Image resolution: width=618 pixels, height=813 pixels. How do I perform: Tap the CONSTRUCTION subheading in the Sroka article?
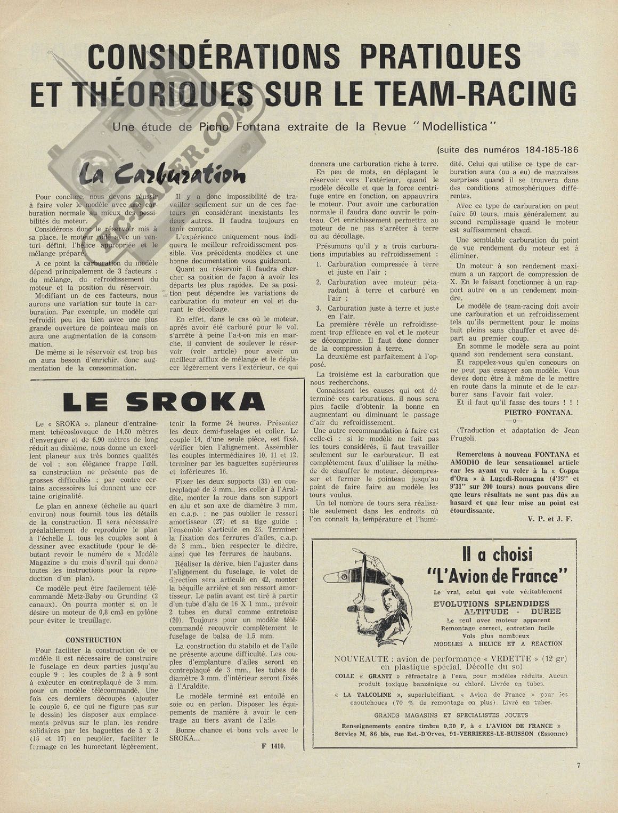tap(93, 640)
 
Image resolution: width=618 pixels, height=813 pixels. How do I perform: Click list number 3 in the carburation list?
tap(318, 308)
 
